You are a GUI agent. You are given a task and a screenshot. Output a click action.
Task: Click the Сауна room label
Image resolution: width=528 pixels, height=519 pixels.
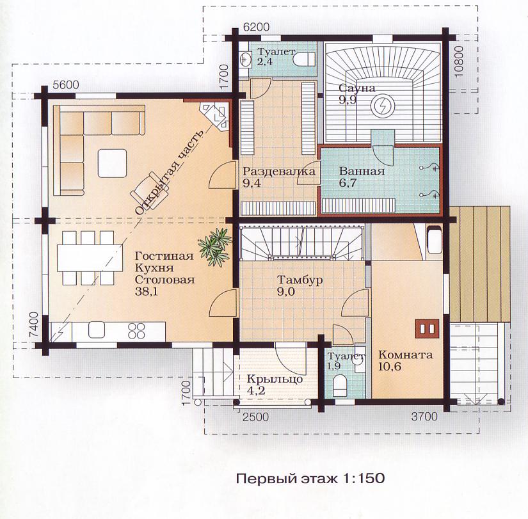(356, 88)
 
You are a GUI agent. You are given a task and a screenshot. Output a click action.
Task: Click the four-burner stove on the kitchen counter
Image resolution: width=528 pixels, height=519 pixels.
(136, 331)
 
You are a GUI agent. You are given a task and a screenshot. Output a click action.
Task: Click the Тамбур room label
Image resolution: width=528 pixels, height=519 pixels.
(300, 280)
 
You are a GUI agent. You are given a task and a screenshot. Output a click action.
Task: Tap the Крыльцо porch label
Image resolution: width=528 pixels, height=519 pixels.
(275, 379)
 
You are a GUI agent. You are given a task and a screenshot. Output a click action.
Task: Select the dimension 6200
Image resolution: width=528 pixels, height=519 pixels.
(256, 27)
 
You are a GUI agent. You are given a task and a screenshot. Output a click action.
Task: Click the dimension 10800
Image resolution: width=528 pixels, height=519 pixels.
(459, 61)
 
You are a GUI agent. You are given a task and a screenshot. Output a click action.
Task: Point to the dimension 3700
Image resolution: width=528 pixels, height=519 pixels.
(424, 417)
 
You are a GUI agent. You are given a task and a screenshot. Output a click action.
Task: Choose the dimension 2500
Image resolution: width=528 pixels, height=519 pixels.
(256, 417)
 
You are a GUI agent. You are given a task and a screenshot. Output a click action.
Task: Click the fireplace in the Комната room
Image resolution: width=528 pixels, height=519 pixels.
(428, 328)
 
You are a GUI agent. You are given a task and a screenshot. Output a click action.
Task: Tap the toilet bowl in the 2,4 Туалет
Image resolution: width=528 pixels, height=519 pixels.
(303, 60)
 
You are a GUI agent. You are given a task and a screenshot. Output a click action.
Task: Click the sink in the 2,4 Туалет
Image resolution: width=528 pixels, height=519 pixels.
(246, 60)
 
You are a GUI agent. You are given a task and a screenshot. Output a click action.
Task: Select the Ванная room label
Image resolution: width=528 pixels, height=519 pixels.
(362, 171)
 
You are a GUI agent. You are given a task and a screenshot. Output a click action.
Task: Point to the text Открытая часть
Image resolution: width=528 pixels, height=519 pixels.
(169, 172)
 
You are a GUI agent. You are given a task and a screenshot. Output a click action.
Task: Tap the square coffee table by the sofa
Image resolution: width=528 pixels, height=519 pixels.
(113, 163)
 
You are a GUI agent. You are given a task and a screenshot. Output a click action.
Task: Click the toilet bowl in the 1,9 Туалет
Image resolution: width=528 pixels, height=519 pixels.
(339, 386)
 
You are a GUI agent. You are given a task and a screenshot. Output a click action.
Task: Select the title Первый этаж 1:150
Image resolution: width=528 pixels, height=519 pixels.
(310, 478)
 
